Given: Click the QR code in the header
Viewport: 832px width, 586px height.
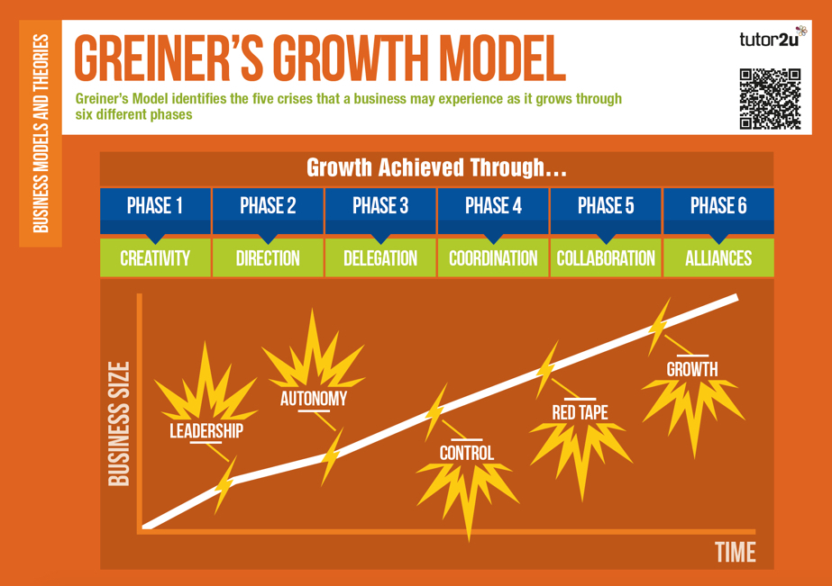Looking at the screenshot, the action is [x=770, y=98].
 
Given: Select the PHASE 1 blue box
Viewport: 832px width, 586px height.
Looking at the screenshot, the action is [x=155, y=211].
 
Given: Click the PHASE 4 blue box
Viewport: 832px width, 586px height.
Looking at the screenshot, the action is [x=493, y=211].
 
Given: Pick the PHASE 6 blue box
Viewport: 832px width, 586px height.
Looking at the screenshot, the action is [x=718, y=211].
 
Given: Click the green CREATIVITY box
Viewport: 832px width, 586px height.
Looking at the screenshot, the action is [x=155, y=258].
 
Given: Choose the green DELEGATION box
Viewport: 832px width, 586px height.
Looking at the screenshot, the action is [x=380, y=258].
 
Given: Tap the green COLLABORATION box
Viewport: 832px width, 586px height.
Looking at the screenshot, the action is [x=606, y=258].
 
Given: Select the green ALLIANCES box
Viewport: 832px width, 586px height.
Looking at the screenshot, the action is [x=718, y=258].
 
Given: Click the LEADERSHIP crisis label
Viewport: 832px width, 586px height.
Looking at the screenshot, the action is [x=206, y=431].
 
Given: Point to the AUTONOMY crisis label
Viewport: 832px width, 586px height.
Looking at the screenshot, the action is [x=314, y=399].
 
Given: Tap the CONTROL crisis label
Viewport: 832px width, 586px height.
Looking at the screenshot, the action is [x=467, y=453].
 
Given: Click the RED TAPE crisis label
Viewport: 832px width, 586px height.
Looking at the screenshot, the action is [x=580, y=412].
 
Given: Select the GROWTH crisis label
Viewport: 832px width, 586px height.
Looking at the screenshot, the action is [x=692, y=369].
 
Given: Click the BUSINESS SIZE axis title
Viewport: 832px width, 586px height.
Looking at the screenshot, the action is [x=119, y=424].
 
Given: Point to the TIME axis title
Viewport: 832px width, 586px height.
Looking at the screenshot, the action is [x=736, y=552].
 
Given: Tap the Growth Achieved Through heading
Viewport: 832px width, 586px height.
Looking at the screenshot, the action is [x=436, y=167].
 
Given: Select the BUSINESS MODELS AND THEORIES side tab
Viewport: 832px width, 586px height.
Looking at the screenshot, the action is [x=41, y=133].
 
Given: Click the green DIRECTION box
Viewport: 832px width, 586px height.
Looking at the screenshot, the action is [x=268, y=258].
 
